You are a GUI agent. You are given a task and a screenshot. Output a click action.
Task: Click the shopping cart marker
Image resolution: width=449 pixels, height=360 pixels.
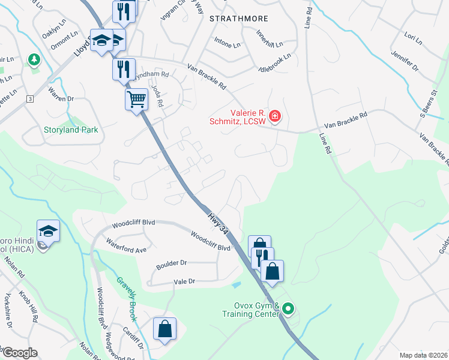[x=137, y=99]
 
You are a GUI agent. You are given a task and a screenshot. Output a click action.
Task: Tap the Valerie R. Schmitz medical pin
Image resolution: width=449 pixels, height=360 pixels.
[x=274, y=115]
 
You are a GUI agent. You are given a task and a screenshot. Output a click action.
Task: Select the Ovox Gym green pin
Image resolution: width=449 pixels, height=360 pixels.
[x=288, y=309]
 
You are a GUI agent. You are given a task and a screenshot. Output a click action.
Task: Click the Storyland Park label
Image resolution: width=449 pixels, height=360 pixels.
[x=70, y=130]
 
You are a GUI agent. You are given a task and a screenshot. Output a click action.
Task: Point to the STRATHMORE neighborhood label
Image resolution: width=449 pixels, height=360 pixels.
[x=238, y=19]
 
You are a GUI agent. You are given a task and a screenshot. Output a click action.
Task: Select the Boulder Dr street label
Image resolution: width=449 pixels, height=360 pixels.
[x=172, y=263]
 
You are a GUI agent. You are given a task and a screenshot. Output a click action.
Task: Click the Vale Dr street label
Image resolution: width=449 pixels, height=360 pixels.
[x=184, y=281]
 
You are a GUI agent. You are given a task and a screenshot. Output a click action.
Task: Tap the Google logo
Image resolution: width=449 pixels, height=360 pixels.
[x=19, y=353]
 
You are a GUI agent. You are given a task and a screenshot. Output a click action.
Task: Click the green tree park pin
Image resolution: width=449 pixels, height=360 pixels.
[x=34, y=59]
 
